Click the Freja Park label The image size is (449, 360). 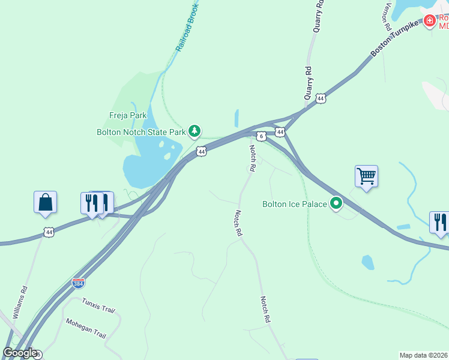coord(127,115)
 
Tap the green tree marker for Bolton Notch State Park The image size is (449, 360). coord(194,130)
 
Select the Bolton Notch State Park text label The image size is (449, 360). coord(142,132)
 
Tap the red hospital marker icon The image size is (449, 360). coord(429,22)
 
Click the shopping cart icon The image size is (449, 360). coord(366,176)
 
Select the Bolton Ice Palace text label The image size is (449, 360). coord(295,204)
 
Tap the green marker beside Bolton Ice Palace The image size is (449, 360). coord(336,204)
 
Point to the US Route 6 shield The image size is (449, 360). coord(261,136)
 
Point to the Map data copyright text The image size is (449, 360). coord(424,355)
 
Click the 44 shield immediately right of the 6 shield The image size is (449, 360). coord(280,131)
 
